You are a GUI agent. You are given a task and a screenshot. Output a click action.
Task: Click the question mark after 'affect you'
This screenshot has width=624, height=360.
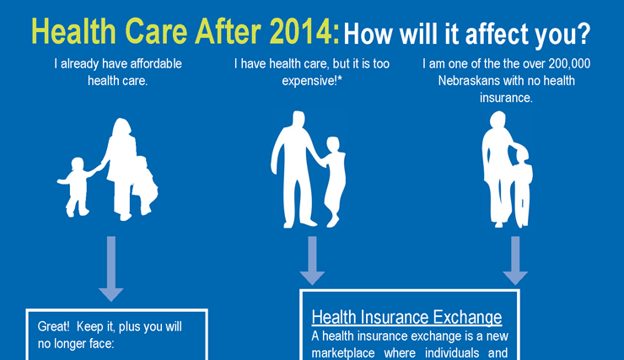pos(582,35)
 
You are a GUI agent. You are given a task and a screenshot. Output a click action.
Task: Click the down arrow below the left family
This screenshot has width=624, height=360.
pos(110,269)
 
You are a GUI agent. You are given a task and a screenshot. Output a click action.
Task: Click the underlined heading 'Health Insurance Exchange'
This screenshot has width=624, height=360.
pos(406,318)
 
